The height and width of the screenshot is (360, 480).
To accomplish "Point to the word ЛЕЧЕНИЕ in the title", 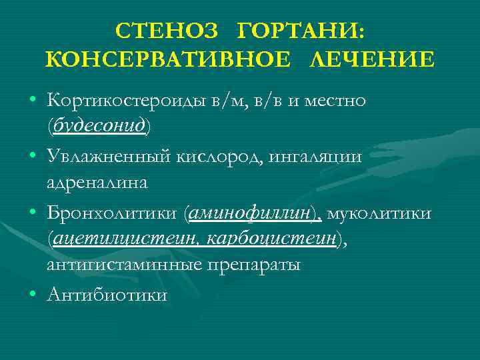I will pos(372,60).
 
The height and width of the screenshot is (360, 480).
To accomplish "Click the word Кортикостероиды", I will pos(127,101).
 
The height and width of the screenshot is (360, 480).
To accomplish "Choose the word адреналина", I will pos(97,181).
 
